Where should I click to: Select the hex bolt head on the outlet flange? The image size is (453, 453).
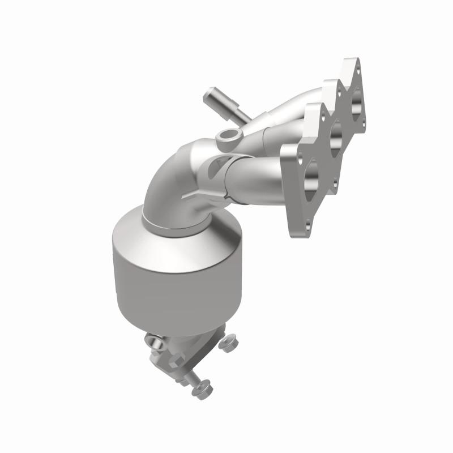153,341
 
